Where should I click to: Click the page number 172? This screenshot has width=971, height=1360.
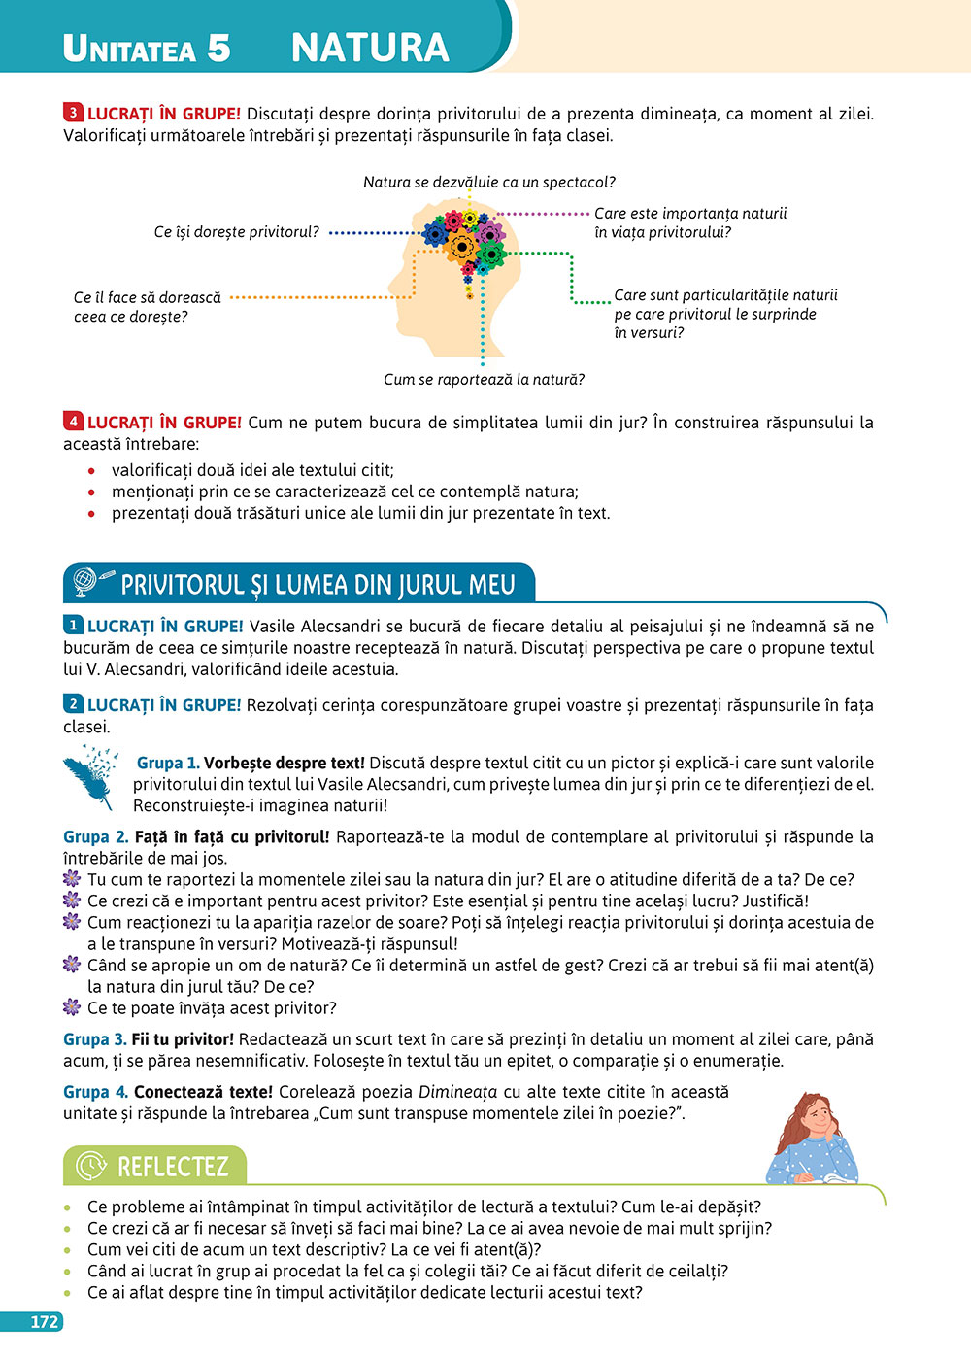45,1322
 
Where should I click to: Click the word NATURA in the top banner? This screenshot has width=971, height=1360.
370,48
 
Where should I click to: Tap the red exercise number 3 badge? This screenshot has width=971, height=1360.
74,113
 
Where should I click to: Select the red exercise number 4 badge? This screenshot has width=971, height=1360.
74,422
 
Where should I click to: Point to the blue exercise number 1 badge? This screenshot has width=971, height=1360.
74,626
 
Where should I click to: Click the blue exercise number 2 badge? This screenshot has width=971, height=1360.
74,704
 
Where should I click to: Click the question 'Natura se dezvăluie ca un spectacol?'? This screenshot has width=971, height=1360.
488,182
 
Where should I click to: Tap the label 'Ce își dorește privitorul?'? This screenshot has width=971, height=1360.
236,232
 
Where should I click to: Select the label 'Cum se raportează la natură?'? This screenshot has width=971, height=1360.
484,379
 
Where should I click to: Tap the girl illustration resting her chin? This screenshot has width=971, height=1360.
812,1139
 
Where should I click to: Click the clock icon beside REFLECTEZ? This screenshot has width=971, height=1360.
90,1166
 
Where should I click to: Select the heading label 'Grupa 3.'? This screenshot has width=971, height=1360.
94,1039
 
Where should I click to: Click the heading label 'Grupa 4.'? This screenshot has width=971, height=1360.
95,1092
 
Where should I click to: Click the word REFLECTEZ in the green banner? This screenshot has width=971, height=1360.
173,1166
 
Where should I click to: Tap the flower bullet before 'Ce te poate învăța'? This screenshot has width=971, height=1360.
72,1007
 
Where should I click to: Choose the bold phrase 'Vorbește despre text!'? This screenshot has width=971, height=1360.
285,764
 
